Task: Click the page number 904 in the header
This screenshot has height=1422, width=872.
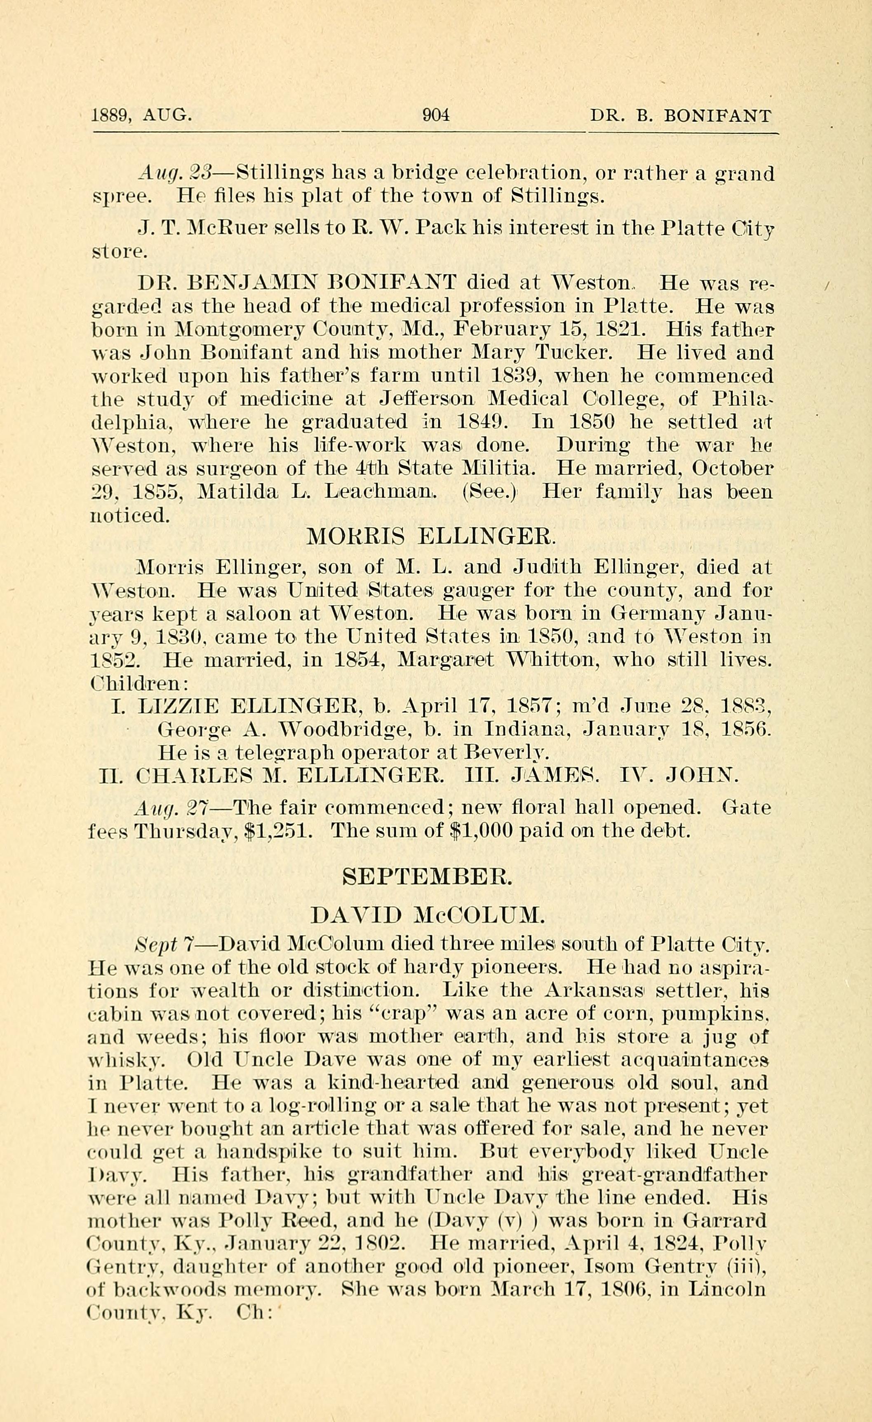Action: coord(436,115)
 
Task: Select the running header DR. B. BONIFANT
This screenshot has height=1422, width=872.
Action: coord(680,116)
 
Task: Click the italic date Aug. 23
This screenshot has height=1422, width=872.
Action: coord(176,174)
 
